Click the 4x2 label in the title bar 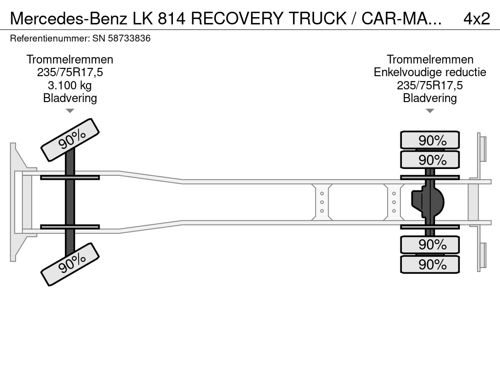[476, 18]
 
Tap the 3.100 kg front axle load [70, 85]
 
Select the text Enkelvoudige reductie [430, 72]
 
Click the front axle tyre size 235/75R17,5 [70, 73]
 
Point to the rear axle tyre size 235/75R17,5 [430, 85]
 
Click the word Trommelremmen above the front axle [70, 60]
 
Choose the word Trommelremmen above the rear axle [430, 60]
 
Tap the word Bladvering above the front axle [70, 98]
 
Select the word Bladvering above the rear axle [430, 98]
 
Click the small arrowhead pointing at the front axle [70, 111]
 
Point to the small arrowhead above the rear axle [430, 111]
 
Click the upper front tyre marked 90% [70, 140]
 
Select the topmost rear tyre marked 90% [430, 140]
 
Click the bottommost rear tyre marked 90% [430, 265]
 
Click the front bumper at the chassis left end [17, 202]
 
